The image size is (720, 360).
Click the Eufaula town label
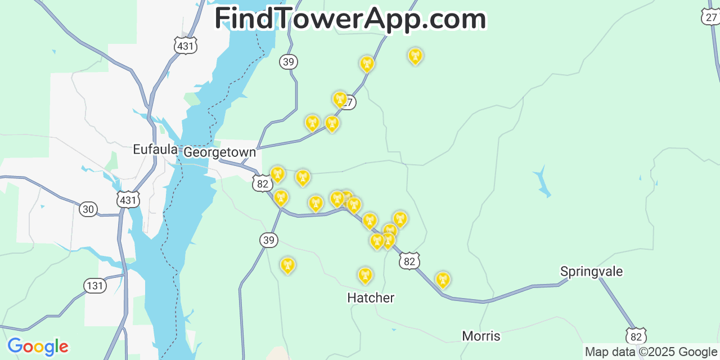pyautogui.click(x=155, y=150)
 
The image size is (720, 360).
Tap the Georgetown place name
pyautogui.click(x=219, y=152)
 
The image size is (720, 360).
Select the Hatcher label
pyautogui.click(x=371, y=298)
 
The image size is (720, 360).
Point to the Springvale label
pyautogui.click(x=591, y=272)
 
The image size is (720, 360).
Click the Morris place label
pyautogui.click(x=481, y=336)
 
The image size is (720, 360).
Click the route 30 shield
pyautogui.click(x=88, y=209)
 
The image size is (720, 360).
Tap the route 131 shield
pyautogui.click(x=95, y=286)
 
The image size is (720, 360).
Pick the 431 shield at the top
pyautogui.click(x=185, y=46)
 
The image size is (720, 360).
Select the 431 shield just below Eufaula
pyautogui.click(x=128, y=200)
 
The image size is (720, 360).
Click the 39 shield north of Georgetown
pyautogui.click(x=289, y=62)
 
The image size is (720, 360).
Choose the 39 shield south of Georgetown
pyautogui.click(x=269, y=240)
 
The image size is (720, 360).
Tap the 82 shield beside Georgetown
pyautogui.click(x=262, y=183)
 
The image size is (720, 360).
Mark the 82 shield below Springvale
pyautogui.click(x=636, y=336)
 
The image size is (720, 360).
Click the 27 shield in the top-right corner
pyautogui.click(x=711, y=17)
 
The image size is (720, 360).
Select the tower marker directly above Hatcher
pyautogui.click(x=365, y=275)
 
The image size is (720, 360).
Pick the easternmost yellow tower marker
pyautogui.click(x=443, y=279)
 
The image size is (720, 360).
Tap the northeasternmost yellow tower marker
pyautogui.click(x=415, y=56)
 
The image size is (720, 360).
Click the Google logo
pyautogui.click(x=38, y=346)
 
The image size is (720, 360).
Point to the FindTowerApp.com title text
pyautogui.click(x=350, y=19)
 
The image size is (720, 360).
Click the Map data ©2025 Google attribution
pyautogui.click(x=651, y=352)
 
